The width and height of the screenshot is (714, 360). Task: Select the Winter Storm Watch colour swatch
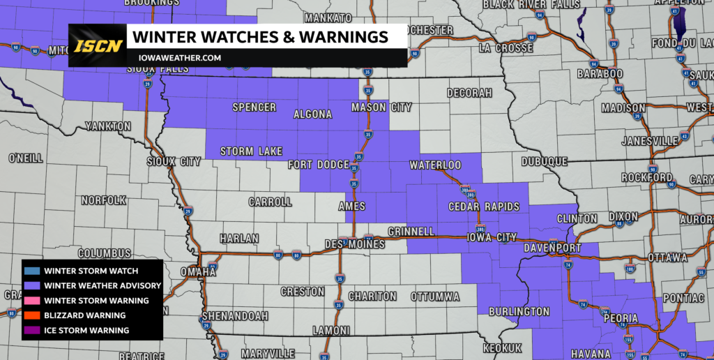click(x=31, y=271)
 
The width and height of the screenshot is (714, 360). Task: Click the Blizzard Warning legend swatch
click(x=31, y=315)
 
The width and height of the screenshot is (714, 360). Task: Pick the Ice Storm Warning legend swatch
click(x=31, y=330)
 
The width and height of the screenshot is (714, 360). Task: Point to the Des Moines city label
click(x=355, y=245)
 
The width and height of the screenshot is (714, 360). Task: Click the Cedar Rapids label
click(x=484, y=207)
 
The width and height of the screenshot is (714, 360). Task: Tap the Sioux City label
click(x=174, y=162)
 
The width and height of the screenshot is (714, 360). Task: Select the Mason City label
click(x=381, y=107)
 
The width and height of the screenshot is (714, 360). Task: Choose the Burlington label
click(x=519, y=311)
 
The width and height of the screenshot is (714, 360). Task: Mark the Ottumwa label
click(x=434, y=297)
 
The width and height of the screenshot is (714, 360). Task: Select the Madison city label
click(x=623, y=108)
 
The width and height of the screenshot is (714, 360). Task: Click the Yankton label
click(x=107, y=126)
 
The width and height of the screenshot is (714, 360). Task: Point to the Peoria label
click(x=619, y=319)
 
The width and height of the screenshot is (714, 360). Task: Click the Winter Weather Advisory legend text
click(x=102, y=285)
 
